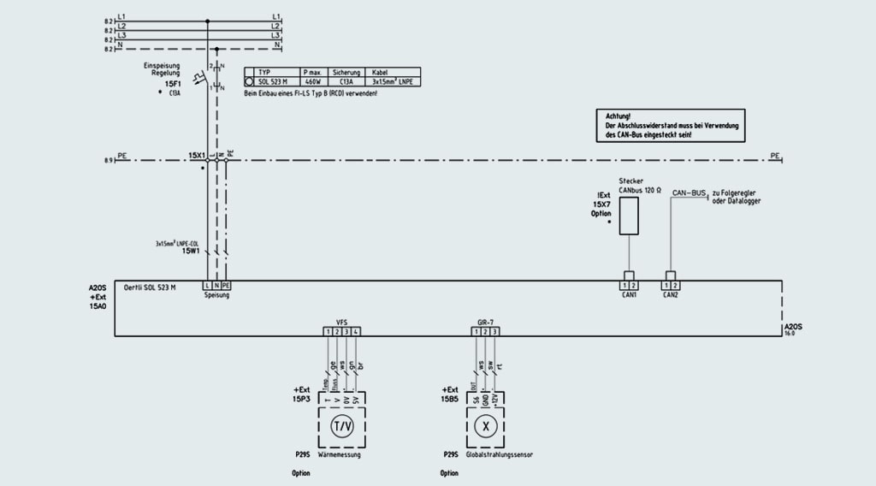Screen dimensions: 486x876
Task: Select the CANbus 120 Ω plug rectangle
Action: click(x=629, y=216)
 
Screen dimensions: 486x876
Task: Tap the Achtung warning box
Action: click(x=670, y=125)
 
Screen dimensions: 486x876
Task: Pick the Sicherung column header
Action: click(x=346, y=72)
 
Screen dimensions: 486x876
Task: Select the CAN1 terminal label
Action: click(x=629, y=294)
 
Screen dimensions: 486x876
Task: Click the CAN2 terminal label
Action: click(x=672, y=294)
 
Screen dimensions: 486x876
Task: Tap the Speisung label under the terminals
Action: click(x=217, y=295)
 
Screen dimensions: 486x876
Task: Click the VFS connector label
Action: click(x=341, y=323)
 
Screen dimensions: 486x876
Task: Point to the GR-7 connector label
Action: click(x=485, y=323)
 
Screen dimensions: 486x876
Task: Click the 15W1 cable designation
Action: click(x=190, y=252)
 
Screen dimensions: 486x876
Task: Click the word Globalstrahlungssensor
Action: click(x=499, y=455)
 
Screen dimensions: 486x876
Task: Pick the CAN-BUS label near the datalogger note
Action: click(x=690, y=194)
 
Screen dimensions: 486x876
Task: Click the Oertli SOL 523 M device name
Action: click(x=151, y=287)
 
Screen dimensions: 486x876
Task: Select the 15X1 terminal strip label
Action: click(x=197, y=156)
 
